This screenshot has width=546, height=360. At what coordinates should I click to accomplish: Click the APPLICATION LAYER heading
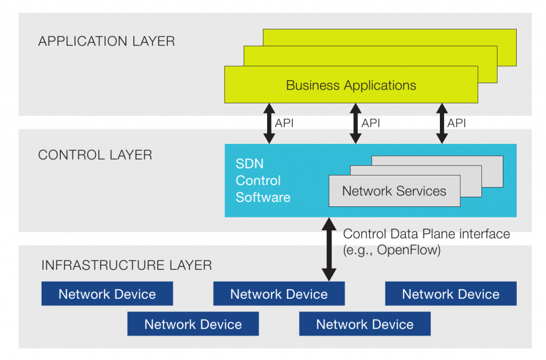tap(106, 42)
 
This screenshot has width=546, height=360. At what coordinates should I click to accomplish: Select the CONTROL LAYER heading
tap(95, 155)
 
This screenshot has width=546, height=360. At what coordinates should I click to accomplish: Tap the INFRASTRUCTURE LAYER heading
tap(126, 265)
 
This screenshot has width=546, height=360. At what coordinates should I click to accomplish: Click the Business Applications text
tap(351, 85)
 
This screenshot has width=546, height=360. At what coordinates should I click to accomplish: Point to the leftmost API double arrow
tap(269, 123)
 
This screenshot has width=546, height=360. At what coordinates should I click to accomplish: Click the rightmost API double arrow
tap(441, 123)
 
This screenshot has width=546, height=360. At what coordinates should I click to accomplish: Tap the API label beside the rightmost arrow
tap(456, 123)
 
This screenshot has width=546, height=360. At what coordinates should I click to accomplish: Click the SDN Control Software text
tap(262, 180)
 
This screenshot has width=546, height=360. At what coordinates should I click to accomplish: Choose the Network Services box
tap(394, 191)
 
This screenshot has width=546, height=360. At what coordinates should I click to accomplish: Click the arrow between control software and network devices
tap(330, 249)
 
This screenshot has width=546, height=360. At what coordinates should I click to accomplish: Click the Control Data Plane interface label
tap(427, 234)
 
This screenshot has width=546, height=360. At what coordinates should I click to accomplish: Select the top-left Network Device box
tap(107, 294)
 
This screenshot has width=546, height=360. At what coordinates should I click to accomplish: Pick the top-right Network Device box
tap(451, 294)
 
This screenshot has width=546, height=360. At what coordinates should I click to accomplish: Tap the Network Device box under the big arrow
tap(279, 294)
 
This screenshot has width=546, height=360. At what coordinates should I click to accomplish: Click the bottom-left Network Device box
tap(193, 324)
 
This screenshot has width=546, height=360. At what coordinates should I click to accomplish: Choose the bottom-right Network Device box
tap(365, 324)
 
